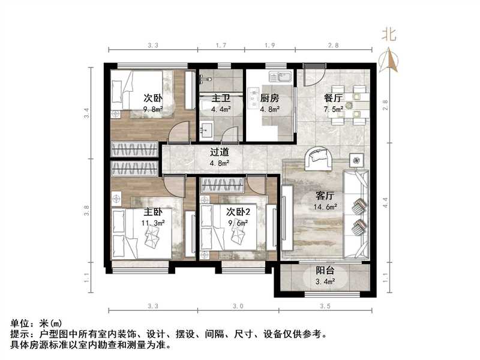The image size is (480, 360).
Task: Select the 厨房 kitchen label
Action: click(269, 98)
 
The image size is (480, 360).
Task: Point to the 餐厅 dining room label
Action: click(334, 98)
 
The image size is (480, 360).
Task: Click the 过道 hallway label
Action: click(218, 152)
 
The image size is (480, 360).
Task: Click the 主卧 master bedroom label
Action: click(153, 212)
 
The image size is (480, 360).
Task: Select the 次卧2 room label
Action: click(238, 212)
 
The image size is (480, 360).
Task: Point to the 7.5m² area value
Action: click(334, 109)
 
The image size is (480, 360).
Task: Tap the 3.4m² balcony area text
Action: click(326, 280)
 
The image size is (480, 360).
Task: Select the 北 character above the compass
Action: click(390, 34)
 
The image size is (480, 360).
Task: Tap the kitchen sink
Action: click(280, 77)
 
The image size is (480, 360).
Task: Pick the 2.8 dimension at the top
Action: click(334, 45)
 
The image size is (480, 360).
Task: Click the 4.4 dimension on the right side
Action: click(386, 202)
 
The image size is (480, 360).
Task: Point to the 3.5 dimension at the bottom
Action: click(326, 306)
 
